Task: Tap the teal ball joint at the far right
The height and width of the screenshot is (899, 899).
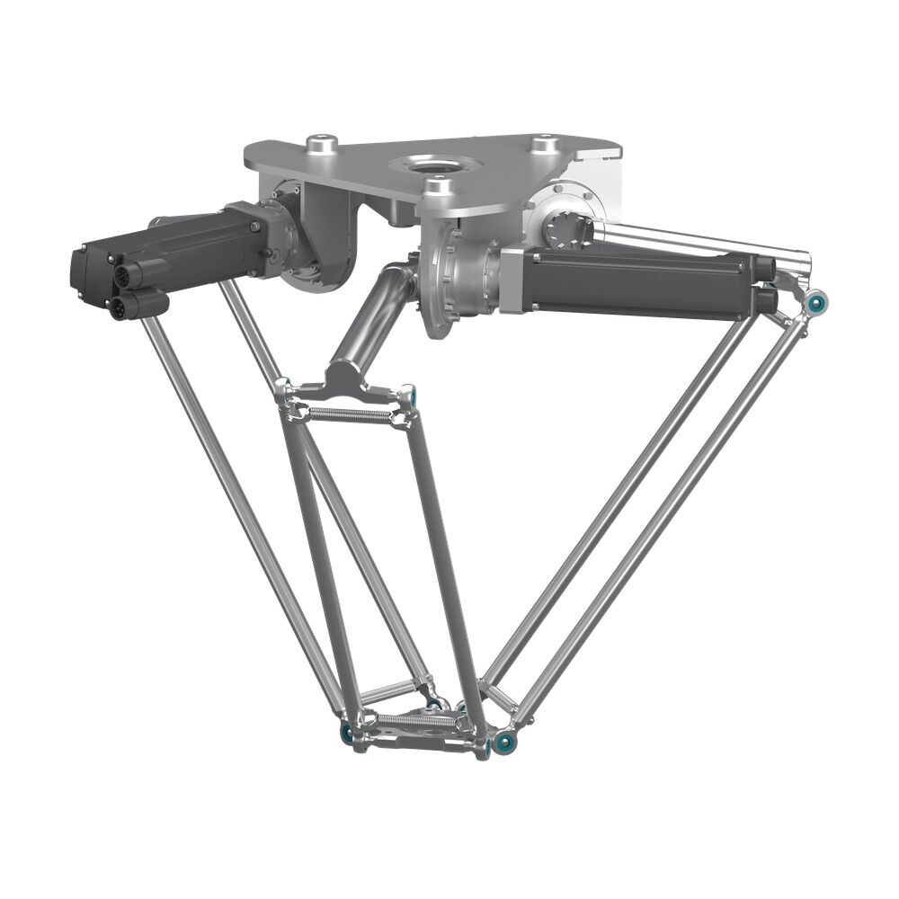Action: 816,304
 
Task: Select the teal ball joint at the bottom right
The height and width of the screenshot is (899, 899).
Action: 505,742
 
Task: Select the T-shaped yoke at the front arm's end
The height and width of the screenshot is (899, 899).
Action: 346,385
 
